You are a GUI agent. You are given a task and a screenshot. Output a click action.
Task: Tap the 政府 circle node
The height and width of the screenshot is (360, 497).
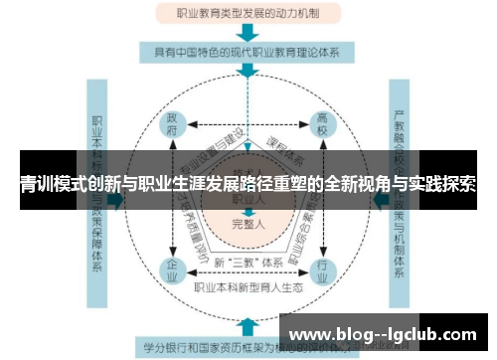173,127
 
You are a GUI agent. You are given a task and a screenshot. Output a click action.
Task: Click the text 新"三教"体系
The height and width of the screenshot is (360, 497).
248,262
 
